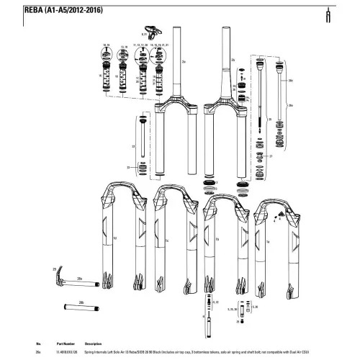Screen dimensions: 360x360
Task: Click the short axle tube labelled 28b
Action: tap(83, 311)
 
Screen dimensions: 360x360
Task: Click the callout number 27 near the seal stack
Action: tap(270, 156)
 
